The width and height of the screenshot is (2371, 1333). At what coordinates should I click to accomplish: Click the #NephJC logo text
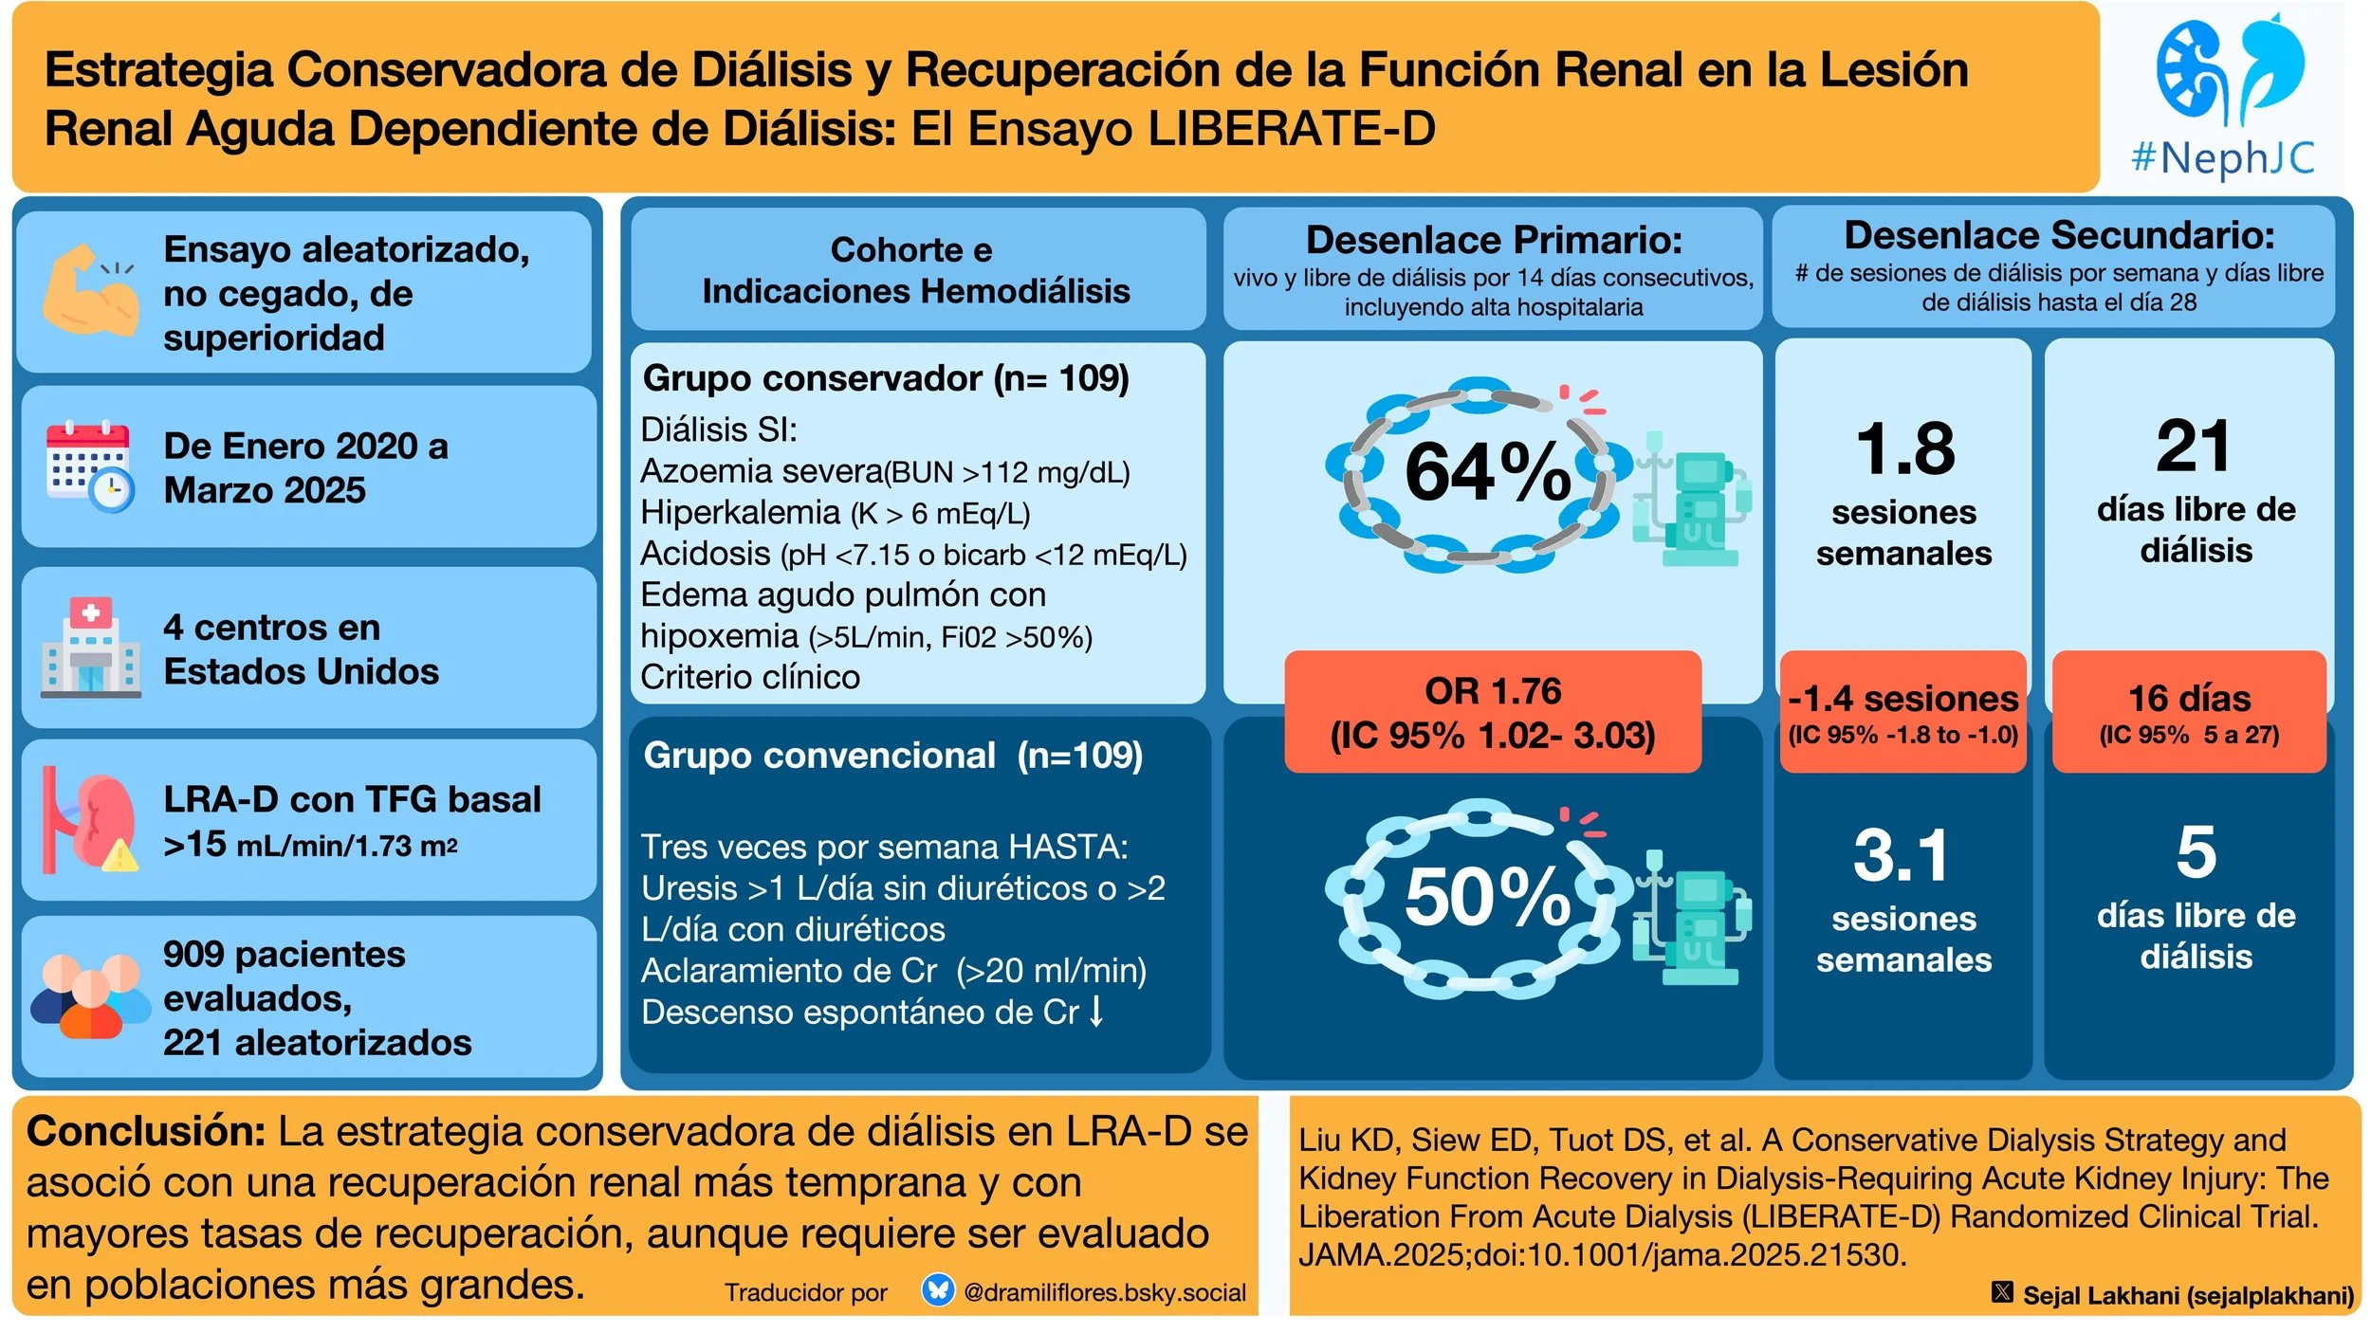point(2221,157)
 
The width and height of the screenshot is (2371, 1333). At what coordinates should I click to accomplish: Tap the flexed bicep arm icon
point(90,290)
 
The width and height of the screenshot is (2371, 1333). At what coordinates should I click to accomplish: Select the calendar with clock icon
point(90,466)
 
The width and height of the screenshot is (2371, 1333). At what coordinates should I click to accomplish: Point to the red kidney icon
point(95,821)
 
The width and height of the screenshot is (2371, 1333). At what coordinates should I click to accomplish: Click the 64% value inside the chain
point(1486,472)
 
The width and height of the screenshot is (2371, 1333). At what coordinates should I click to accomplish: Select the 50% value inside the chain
point(1486,897)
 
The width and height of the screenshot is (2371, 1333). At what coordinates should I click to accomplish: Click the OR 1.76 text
point(1492,690)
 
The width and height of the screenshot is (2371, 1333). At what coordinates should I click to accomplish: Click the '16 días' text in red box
point(2188,699)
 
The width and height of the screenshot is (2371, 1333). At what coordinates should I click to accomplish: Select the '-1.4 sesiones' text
point(1902,699)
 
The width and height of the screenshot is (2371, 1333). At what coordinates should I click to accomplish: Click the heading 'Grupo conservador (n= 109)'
point(886,378)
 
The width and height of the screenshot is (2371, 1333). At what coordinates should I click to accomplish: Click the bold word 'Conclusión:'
point(146,1131)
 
